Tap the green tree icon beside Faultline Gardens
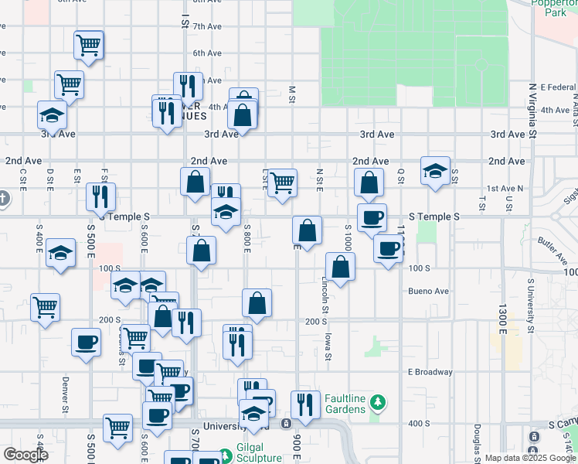click(377, 402)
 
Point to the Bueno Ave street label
click(429, 292)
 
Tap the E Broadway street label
click(430, 372)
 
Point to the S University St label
click(531, 306)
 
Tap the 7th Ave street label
click(207, 26)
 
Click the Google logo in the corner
click(25, 455)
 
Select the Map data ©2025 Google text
click(529, 458)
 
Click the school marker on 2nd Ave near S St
click(435, 171)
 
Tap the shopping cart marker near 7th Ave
click(89, 46)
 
